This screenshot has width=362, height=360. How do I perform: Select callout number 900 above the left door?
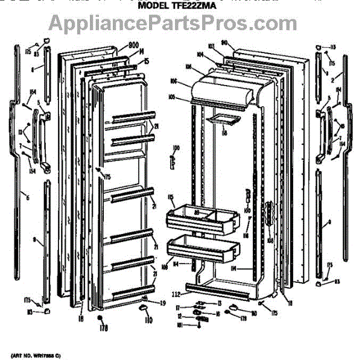(x=133, y=45)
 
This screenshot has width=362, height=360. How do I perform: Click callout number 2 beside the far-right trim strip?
(x=332, y=79)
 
